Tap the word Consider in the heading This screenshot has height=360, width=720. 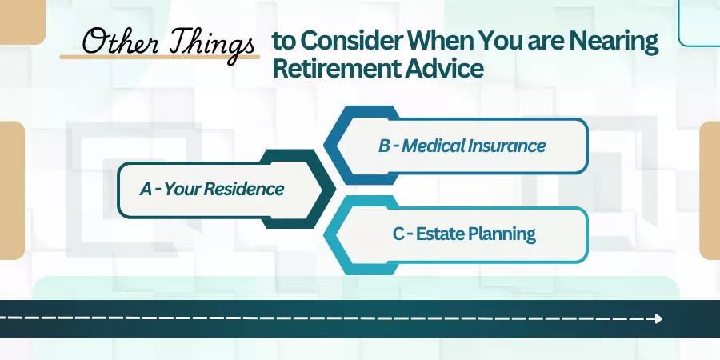point(352,42)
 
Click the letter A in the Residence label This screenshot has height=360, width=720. point(146,189)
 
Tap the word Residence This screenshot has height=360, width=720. point(243,189)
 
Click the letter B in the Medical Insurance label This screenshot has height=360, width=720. point(384,146)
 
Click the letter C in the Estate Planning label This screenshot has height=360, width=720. point(398,234)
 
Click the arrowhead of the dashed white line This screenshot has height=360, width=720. point(659,318)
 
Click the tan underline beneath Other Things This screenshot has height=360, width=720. point(160,57)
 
